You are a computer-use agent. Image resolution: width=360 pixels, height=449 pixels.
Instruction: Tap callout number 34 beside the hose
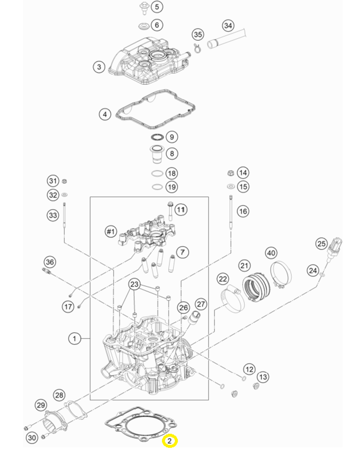click(228, 26)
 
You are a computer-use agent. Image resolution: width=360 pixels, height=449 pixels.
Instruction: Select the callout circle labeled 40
click(271, 253)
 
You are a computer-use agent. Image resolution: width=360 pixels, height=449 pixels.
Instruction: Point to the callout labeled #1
click(110, 231)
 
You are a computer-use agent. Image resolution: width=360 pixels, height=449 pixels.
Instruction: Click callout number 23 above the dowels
click(134, 285)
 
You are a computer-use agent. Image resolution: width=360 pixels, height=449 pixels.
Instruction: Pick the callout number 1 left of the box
click(75, 338)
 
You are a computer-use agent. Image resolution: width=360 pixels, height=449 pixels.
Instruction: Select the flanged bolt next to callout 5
click(144, 8)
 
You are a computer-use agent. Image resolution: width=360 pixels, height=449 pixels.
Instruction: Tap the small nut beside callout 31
click(65, 181)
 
